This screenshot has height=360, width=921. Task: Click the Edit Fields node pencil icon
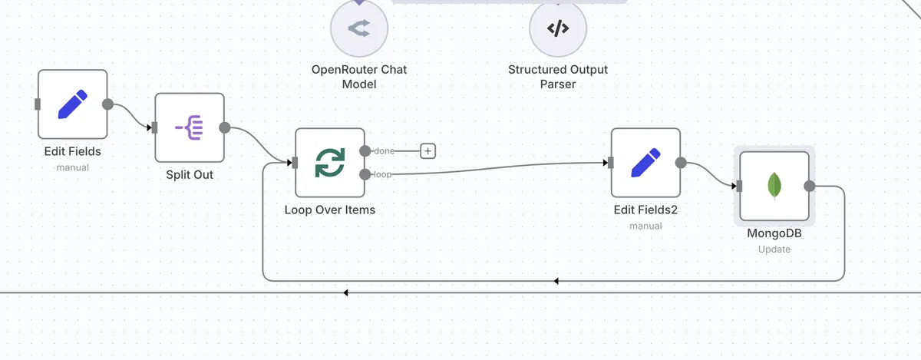73,104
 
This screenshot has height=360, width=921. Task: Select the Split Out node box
190,128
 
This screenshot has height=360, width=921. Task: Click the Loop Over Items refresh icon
330,163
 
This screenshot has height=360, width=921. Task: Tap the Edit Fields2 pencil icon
645,163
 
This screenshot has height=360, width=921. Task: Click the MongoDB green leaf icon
774,186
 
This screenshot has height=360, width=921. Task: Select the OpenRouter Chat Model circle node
359,28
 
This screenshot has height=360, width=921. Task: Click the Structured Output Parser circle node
558,28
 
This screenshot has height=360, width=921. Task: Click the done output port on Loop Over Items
365,151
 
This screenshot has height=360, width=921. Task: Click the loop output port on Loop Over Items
365,174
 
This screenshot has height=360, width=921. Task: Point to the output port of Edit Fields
107,104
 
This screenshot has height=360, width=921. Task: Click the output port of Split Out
224,128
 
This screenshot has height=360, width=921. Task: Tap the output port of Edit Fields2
680,163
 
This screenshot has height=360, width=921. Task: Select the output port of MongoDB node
809,186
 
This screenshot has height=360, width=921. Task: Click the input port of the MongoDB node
738,186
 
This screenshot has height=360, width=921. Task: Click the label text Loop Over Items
330,210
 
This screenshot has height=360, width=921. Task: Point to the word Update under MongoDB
774,249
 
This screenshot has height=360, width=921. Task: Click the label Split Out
190,175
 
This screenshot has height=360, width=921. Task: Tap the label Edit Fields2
645,210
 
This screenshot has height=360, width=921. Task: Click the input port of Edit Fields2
610,163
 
